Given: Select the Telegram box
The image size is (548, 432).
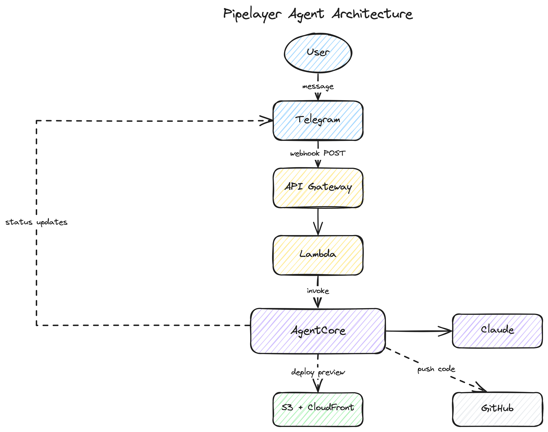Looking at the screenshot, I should coord(318,120).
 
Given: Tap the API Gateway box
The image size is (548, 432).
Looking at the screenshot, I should coord(318,188).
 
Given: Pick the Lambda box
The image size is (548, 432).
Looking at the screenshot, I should coord(318,255).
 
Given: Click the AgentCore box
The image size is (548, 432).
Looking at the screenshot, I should coord(318,331).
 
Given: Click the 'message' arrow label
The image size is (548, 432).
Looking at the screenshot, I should coord(318,87).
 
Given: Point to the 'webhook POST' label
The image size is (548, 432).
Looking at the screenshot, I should coord(318,153).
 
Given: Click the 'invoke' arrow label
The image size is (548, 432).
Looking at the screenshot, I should coord(318,291).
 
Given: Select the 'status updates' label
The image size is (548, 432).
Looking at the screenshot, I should coord(36,222).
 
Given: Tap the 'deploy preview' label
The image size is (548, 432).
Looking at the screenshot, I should coord(318,372).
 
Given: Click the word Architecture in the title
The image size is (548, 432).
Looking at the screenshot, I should coord(372,14).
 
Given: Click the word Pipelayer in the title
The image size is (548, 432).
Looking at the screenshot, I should coord(252,14).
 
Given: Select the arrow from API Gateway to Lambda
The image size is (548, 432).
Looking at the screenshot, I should coord(318,221).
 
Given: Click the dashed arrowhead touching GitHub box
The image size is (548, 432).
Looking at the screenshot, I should coord(482,389).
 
